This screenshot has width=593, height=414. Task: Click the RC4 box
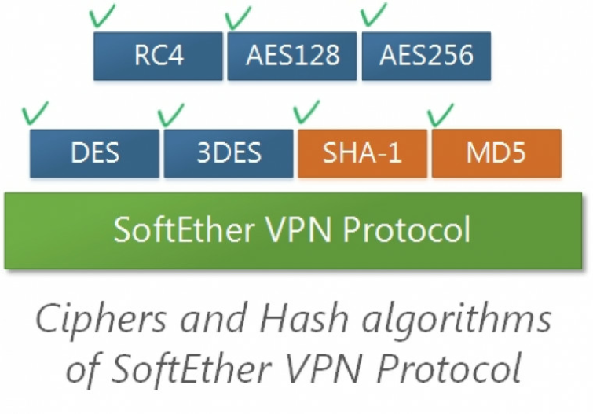[158, 56]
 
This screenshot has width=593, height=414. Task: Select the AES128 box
[292, 56]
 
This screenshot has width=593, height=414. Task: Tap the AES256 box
[426, 56]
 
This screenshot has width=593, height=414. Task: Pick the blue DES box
[94, 153]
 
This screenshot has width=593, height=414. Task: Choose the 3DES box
[229, 153]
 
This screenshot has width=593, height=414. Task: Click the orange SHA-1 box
[362, 153]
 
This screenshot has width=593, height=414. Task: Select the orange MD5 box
[496, 153]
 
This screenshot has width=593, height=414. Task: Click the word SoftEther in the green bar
[184, 229]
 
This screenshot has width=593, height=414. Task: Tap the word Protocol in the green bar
[407, 229]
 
